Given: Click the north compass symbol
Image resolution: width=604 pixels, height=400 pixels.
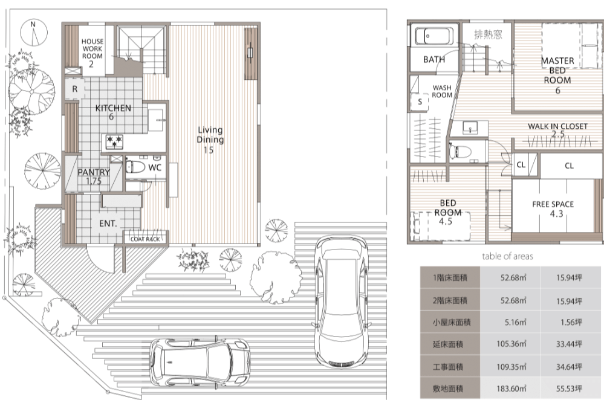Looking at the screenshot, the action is click(34, 32).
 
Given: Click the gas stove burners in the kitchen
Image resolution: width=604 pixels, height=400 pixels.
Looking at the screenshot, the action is click(114, 141).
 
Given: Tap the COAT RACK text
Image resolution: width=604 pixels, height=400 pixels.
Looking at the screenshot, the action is click(145, 239).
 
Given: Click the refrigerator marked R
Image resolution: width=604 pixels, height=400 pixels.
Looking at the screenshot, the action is click(75, 89).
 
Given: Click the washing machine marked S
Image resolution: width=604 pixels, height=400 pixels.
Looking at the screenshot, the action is click(420, 102).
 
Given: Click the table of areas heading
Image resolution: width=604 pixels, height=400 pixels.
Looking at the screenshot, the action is click(507, 256).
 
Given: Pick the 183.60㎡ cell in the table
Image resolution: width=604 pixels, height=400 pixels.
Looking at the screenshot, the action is click(511, 389).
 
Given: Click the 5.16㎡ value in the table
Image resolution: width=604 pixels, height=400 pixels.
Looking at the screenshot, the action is click(515, 322).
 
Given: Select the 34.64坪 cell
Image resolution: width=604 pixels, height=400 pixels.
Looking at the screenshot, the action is click(568, 367).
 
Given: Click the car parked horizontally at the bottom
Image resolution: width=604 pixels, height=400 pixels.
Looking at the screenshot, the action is click(200, 362).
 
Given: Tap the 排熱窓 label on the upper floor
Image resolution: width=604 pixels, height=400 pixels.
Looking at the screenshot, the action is click(488, 34).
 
